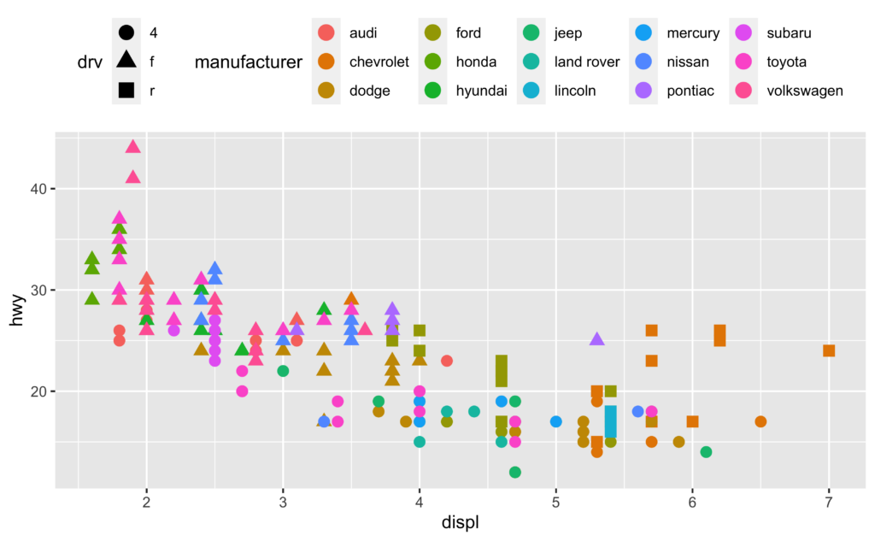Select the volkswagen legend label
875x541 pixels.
[805, 91]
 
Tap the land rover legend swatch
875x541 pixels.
[531, 62]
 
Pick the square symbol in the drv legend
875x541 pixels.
[126, 90]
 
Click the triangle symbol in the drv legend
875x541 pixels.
[126, 60]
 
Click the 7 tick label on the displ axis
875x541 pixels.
[829, 502]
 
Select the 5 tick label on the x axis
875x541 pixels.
[555, 502]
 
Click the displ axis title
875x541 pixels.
[461, 522]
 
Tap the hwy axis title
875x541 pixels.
[16, 309]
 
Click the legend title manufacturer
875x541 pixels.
[249, 62]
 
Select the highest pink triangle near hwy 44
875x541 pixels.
[132, 147]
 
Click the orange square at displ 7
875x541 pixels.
[829, 350]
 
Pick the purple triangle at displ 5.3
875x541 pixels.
[597, 339]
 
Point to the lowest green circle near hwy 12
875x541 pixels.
[515, 473]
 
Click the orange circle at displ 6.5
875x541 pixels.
[760, 421]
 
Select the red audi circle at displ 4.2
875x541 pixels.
[446, 361]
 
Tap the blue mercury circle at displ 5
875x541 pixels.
[555, 421]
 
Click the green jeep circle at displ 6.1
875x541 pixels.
[706, 451]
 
